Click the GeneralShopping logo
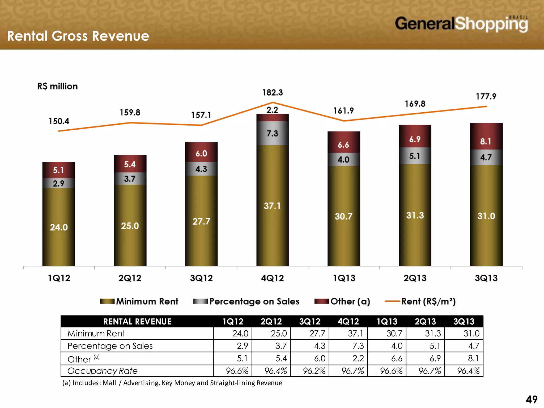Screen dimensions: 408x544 click(x=461, y=24)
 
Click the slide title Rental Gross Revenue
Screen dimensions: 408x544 click(x=78, y=36)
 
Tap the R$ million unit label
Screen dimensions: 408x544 click(x=57, y=86)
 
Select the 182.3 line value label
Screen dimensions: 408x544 click(x=273, y=93)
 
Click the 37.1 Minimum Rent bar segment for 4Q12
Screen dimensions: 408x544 click(x=272, y=206)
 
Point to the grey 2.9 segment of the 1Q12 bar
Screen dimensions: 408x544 click(x=58, y=183)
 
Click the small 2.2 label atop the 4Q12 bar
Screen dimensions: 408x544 click(x=272, y=110)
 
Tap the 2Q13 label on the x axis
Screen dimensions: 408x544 click(x=415, y=278)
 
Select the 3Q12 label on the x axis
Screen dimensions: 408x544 click(x=201, y=278)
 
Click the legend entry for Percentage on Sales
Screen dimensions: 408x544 click(x=246, y=301)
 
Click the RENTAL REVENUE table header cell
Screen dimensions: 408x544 click(x=137, y=322)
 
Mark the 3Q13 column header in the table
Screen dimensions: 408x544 click(x=464, y=322)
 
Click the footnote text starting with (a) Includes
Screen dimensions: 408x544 click(x=172, y=383)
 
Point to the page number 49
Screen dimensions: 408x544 click(x=532, y=399)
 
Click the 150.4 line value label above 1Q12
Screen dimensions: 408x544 click(x=59, y=121)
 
